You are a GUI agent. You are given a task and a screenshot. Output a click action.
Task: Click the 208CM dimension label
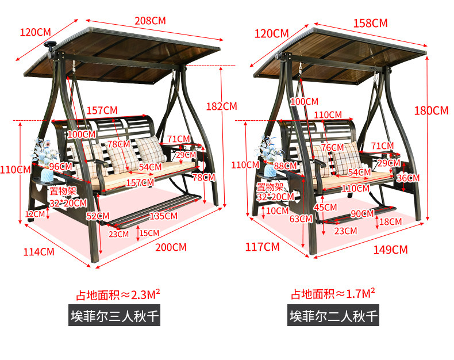tap(150, 20)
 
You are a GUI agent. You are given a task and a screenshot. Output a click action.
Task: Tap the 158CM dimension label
tap(371, 23)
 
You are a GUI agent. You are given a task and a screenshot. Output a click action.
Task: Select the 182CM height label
tap(221, 106)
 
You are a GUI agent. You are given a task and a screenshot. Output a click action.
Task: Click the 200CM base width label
tap(171, 247)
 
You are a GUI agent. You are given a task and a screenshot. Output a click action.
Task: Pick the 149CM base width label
tap(391, 249)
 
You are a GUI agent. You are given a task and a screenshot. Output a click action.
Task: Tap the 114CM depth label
tap(39, 251)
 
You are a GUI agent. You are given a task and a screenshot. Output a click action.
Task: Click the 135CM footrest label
tap(163, 216)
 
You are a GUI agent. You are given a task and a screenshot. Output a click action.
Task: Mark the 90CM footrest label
tap(363, 213)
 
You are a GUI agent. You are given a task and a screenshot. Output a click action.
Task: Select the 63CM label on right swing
tap(297, 219)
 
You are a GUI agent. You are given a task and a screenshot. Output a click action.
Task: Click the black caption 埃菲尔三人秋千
tap(114, 316)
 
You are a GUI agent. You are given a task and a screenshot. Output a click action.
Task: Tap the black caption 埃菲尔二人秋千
tap(333, 316)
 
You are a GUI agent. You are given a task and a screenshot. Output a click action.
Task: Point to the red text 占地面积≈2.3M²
tap(118, 295)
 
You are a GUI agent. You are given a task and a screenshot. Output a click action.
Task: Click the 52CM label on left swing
tap(94, 216)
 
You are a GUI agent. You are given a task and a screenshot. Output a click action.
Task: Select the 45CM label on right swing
tap(325, 207)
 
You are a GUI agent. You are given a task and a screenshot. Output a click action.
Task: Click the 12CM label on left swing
tap(35, 214)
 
